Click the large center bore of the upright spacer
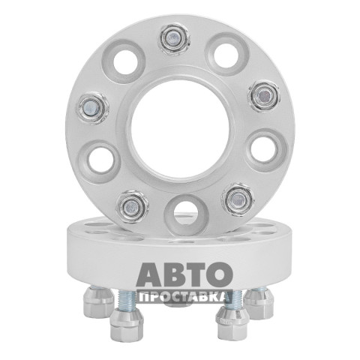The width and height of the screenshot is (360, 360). tap(180, 129)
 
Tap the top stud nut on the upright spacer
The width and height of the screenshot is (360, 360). tap(174, 39)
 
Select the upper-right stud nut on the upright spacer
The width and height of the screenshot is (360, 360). tap(264, 95)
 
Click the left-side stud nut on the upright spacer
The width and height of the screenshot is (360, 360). tap(92, 108)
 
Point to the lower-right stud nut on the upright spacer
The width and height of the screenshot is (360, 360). tap(238, 199)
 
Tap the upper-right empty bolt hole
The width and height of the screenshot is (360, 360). tap(226, 55)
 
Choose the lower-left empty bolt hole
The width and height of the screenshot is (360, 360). tap(100, 160)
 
